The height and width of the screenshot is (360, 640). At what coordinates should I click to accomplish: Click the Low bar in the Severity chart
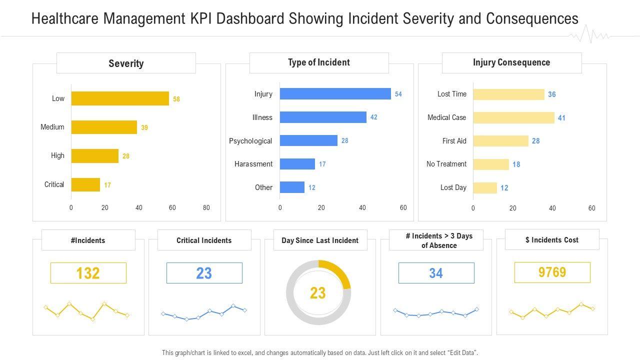coord(120,98)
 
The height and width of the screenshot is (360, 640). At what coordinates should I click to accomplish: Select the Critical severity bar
coord(85,184)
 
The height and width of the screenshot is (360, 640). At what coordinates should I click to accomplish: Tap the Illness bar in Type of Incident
coord(323,117)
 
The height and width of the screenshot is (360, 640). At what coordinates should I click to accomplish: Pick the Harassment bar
coord(297,164)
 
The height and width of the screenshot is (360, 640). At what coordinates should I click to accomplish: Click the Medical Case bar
coord(513,117)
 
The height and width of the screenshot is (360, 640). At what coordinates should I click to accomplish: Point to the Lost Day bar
coord(485,188)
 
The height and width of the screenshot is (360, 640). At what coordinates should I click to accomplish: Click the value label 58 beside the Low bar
coord(176,99)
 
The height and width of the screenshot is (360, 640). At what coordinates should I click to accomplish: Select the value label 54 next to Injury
coord(398,94)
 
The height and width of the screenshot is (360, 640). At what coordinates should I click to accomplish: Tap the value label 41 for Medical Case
coord(561,118)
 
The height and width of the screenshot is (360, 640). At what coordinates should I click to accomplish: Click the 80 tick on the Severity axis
coord(206,207)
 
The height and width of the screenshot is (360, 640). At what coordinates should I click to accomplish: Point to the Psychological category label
coord(250,141)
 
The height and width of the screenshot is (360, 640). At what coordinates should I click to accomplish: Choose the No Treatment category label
coord(446,164)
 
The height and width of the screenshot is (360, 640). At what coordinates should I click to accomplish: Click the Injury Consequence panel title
coord(511,62)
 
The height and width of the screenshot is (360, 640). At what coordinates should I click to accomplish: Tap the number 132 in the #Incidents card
coord(88,273)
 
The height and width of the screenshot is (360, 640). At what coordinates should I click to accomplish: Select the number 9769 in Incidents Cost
coord(552,272)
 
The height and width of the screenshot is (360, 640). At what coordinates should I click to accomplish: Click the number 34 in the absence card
coord(436,273)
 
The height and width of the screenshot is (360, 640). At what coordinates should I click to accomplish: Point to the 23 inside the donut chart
coord(318,293)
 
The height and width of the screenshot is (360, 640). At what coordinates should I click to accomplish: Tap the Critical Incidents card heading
coord(204,240)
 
